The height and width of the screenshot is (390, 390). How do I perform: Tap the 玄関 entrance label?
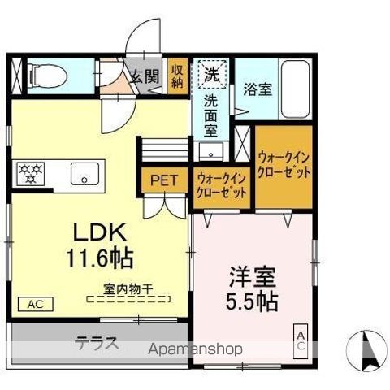[x=145, y=76]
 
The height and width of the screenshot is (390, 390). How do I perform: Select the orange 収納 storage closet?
[x=178, y=75]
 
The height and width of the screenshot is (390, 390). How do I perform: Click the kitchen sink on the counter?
[x=82, y=174]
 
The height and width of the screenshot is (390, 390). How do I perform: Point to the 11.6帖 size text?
[x=100, y=259]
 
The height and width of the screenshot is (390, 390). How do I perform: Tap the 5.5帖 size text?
[x=251, y=301]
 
